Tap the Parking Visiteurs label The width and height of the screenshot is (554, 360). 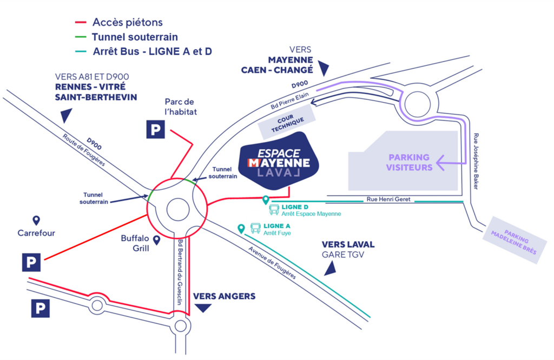409,162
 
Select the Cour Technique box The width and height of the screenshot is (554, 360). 285,122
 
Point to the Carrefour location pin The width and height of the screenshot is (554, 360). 36,220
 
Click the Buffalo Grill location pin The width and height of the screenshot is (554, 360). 156,240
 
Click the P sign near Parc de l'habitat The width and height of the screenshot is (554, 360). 156,130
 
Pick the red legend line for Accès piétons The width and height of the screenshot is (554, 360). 81,23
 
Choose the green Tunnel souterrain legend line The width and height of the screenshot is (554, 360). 81,37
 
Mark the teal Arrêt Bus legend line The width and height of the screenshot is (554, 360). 81,51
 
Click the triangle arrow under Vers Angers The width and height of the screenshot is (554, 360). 203,308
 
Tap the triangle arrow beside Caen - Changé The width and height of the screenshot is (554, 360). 324,68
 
